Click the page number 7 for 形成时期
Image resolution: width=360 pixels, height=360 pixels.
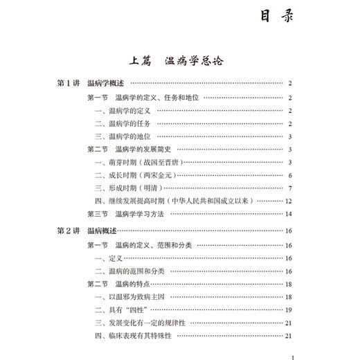pyautogui.click(x=290, y=188)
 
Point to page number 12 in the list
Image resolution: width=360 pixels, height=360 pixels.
pyautogui.click(x=288, y=201)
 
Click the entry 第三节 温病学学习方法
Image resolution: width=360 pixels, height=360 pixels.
pyautogui.click(x=125, y=215)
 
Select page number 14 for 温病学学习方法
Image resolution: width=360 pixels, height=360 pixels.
pyautogui.click(x=288, y=215)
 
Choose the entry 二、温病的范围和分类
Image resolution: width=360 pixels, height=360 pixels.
pyautogui.click(x=129, y=271)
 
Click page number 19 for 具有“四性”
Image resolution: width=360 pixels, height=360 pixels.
pyautogui.click(x=288, y=310)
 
